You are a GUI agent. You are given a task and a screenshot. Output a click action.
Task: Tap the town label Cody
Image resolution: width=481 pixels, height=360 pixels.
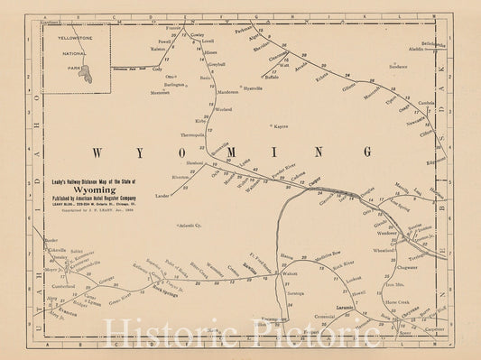tap(157, 69)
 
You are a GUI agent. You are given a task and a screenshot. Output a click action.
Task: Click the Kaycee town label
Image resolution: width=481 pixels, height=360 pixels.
tap(280, 126)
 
